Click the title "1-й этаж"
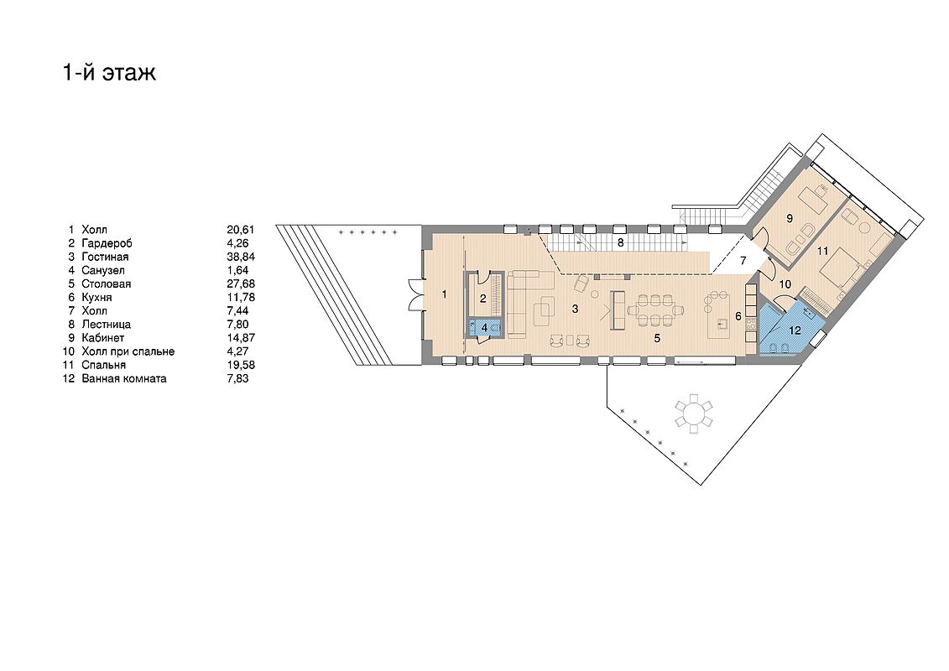(x=110, y=72)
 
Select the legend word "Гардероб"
(x=107, y=243)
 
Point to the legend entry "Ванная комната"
(x=124, y=379)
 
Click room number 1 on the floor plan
(x=444, y=294)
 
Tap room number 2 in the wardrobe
(x=483, y=298)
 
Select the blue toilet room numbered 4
(x=484, y=327)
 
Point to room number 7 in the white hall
(x=743, y=262)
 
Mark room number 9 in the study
(x=790, y=218)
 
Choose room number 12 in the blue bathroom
(x=795, y=330)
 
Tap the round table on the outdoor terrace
(x=694, y=414)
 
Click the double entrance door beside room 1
(x=415, y=294)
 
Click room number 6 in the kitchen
(x=738, y=316)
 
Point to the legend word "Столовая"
(x=106, y=283)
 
